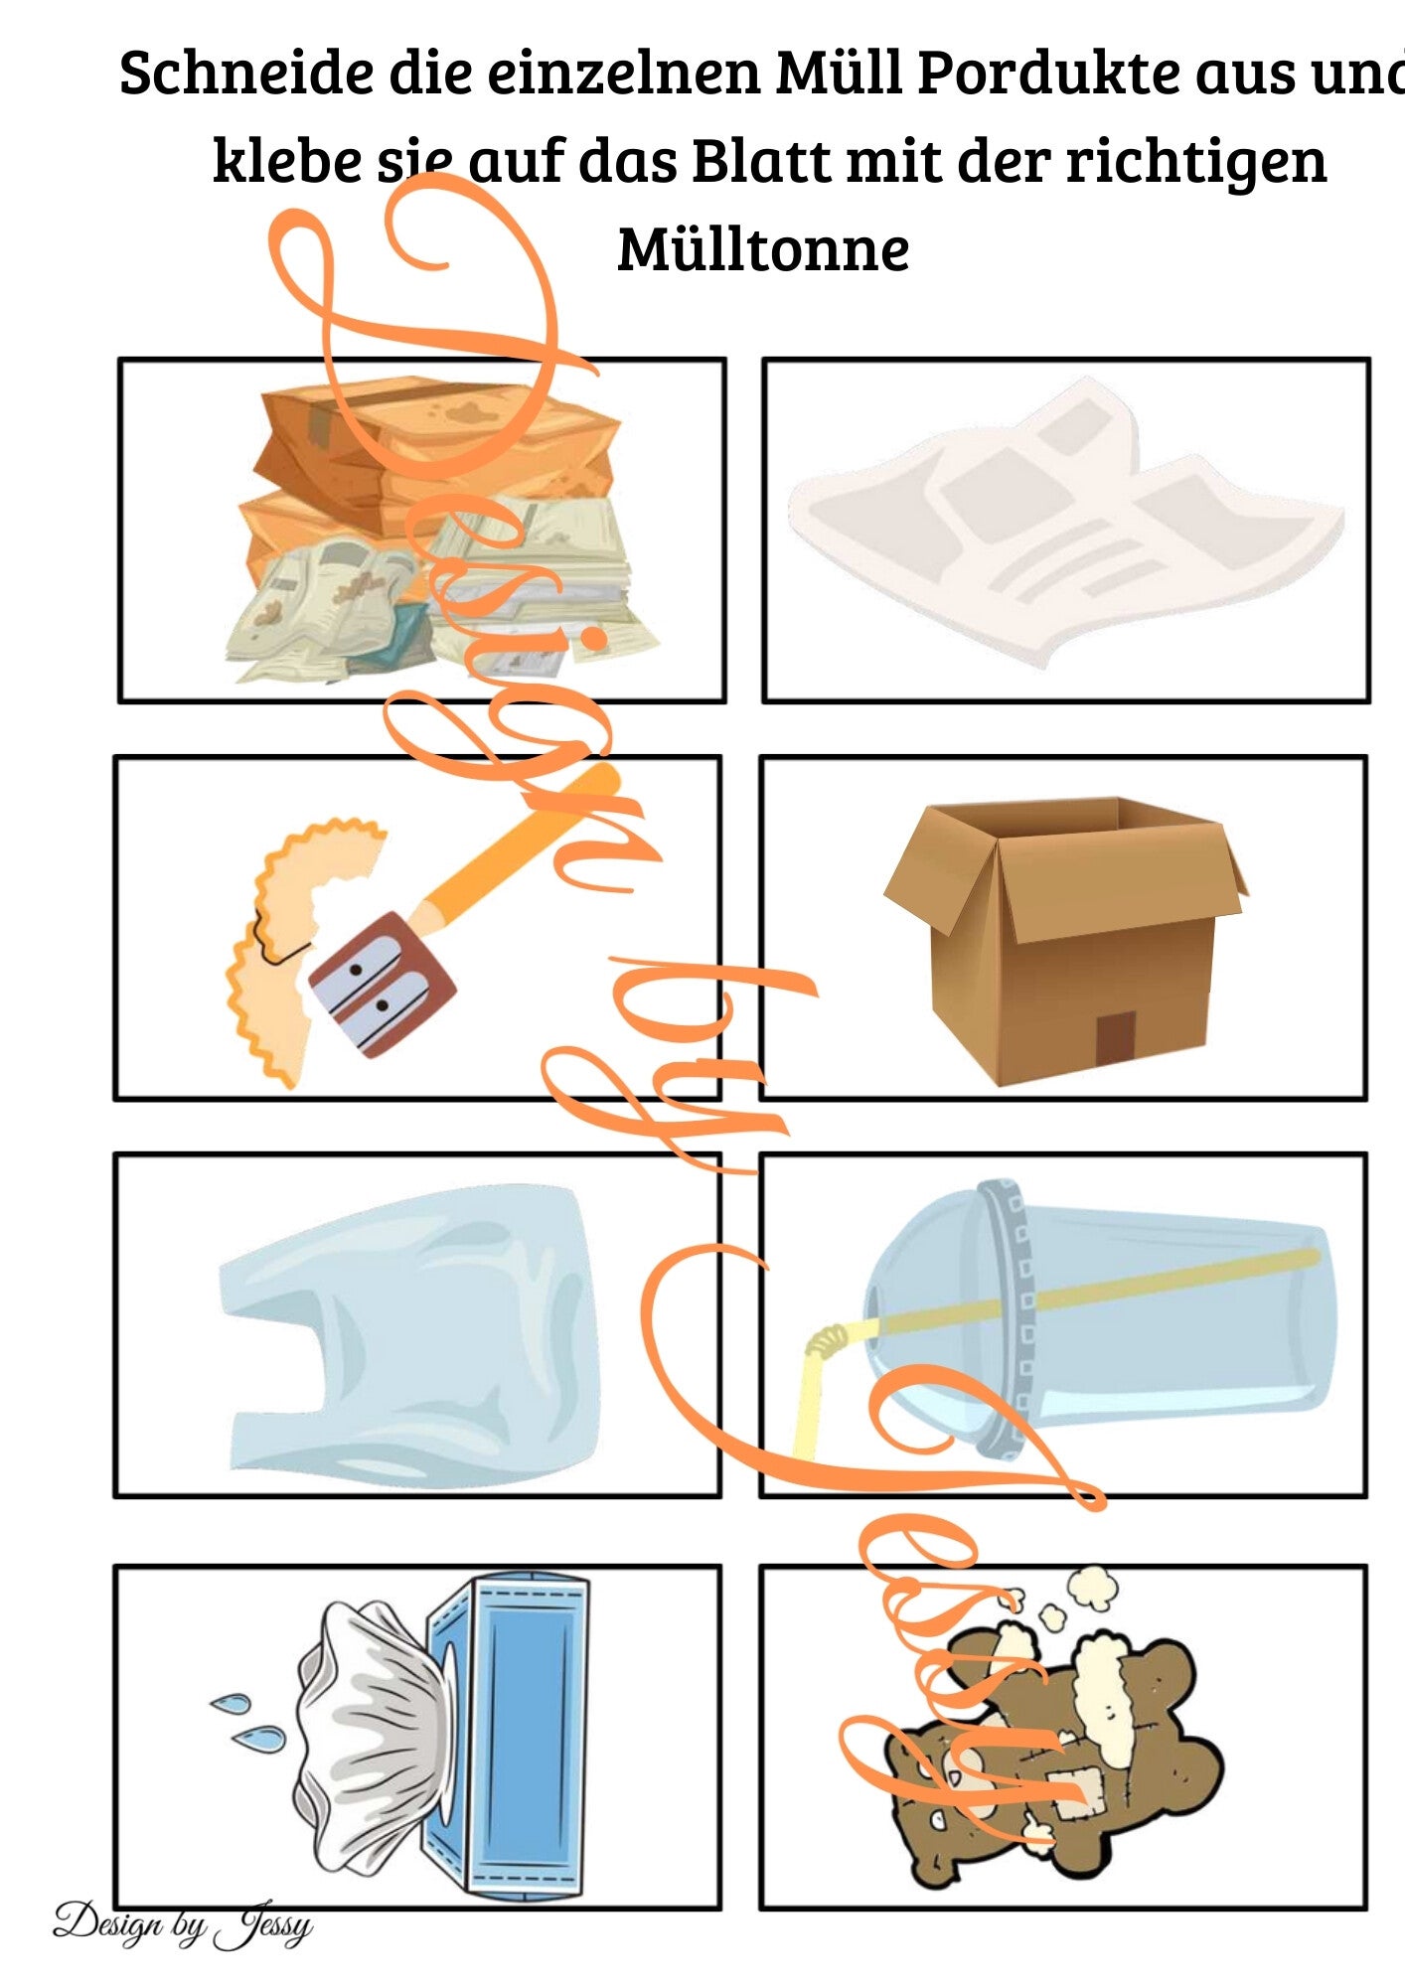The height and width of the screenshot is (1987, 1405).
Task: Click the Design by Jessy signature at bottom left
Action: pyautogui.click(x=183, y=1923)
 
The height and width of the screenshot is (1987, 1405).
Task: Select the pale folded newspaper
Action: pyautogui.click(x=1065, y=522)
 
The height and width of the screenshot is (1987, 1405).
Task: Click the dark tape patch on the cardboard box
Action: pyautogui.click(x=1115, y=1038)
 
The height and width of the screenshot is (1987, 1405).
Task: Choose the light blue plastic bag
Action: pyautogui.click(x=409, y=1335)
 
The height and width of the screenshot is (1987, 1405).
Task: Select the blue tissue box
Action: pyautogui.click(x=509, y=1732)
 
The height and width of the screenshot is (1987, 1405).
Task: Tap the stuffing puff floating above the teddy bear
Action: pyautogui.click(x=1091, y=1588)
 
